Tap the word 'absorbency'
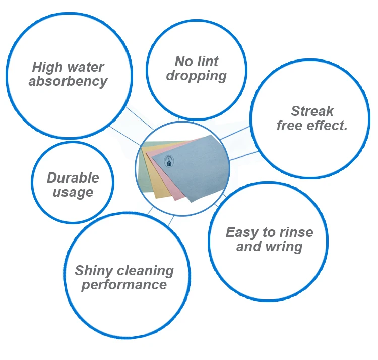(68, 81)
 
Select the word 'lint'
(208, 62)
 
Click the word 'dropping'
(196, 76)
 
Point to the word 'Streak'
(312, 111)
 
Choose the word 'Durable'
(73, 177)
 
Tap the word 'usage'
(73, 192)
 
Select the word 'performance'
(124, 285)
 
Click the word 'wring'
(285, 247)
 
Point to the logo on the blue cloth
(169, 161)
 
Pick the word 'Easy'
(241, 232)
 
